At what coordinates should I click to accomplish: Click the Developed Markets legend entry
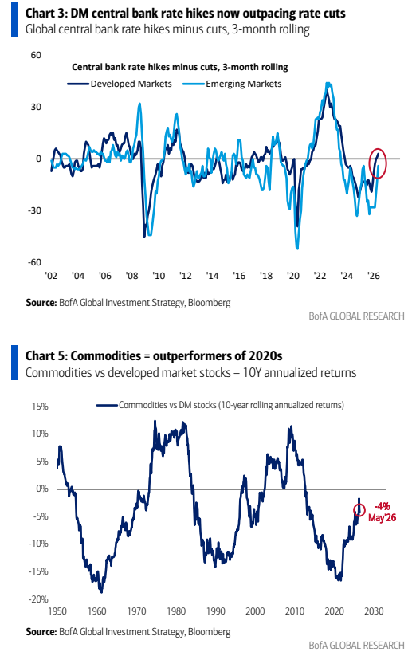point(120,84)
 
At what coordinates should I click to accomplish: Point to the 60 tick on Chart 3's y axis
point(36,55)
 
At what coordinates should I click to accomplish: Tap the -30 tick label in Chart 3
point(34,210)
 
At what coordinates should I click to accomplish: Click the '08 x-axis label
point(131,276)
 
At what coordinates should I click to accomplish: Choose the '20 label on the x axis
point(293,276)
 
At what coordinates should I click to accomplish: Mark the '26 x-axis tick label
point(374,276)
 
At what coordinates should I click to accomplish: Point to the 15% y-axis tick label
point(40,407)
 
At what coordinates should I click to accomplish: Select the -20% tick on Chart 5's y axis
point(38,599)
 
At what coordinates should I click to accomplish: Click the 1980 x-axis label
point(176,611)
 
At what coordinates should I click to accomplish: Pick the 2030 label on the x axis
point(374,611)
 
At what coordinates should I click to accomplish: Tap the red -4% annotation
point(382,506)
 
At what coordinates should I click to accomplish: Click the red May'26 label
point(382,517)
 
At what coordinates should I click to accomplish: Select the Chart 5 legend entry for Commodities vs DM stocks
point(220,405)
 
